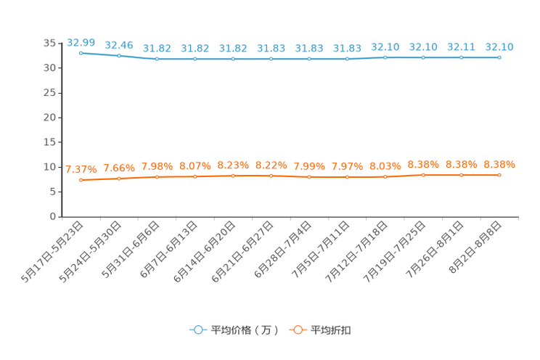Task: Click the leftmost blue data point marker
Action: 81,53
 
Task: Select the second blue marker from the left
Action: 119,56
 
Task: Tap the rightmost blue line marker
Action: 499,57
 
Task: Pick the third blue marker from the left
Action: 157,59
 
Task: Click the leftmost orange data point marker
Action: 81,180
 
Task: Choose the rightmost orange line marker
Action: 499,174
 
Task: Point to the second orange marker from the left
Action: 119,178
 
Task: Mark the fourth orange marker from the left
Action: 195,176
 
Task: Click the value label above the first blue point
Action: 81,42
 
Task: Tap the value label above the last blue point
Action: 499,47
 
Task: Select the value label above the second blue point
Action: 119,45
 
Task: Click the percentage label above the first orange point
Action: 81,169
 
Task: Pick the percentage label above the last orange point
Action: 499,164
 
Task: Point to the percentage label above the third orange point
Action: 157,165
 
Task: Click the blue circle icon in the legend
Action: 197,330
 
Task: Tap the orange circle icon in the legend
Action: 297,330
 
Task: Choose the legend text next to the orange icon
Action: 331,330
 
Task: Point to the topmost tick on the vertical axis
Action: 59,43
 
